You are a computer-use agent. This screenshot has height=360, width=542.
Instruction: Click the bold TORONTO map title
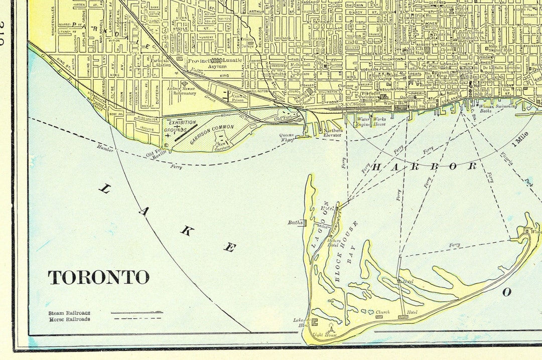click(x=98, y=277)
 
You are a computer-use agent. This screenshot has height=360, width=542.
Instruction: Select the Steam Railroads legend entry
click(x=69, y=313)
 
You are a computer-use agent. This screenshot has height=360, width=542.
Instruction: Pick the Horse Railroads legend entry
click(x=69, y=319)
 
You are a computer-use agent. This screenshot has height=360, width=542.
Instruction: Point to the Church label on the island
click(x=383, y=312)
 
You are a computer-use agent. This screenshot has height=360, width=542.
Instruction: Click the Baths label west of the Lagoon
click(x=295, y=223)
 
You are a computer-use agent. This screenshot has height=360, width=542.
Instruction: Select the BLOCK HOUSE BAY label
click(x=346, y=250)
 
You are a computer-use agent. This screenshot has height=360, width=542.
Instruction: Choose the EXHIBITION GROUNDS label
click(x=179, y=126)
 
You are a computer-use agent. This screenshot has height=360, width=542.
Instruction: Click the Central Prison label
click(x=238, y=97)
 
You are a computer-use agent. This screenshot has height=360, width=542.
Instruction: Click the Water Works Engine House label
click(x=371, y=121)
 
